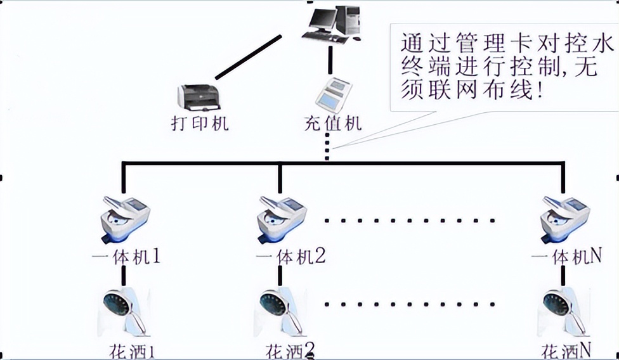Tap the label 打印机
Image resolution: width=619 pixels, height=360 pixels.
click(199, 123)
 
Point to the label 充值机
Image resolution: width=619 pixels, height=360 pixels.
click(334, 122)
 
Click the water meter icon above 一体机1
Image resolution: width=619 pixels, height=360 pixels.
click(125, 215)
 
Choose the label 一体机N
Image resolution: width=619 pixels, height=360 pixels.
click(566, 257)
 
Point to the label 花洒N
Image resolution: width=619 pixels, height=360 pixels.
click(566, 350)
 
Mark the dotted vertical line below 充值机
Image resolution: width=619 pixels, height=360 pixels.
click(327, 148)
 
